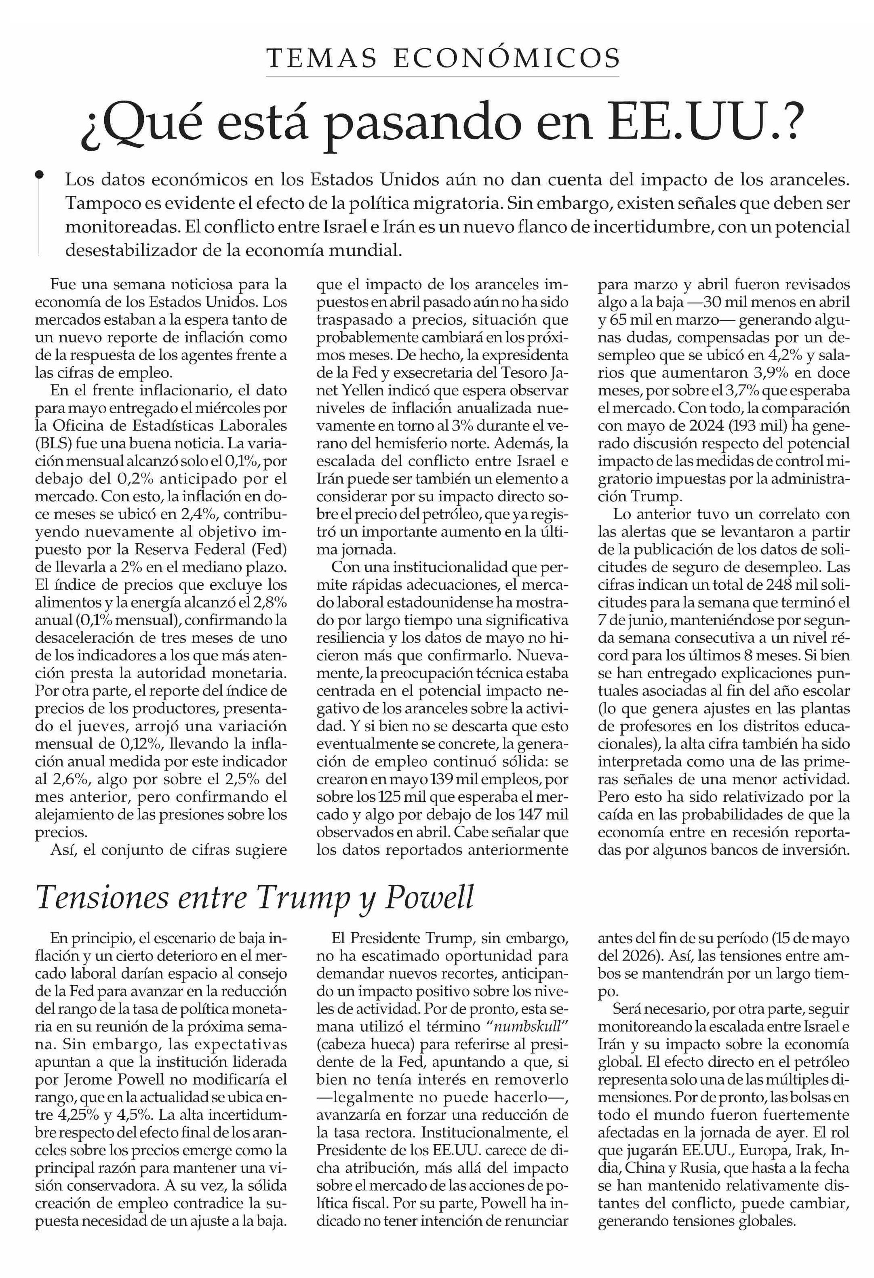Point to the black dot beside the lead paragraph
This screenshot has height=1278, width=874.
point(39,175)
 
